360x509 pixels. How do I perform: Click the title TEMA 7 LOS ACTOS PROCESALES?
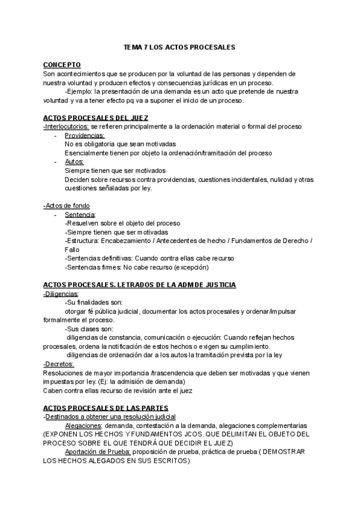[x=179, y=46]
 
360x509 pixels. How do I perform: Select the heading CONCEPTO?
[x=62, y=65]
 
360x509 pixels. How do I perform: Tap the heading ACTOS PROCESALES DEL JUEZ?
[x=95, y=118]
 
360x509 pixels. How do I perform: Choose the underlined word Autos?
[x=74, y=162]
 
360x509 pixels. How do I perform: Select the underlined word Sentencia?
[x=80, y=214]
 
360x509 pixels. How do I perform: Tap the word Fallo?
[x=73, y=249]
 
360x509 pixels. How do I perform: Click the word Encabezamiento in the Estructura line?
[x=127, y=241]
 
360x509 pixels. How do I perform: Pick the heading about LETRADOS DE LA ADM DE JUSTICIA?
[x=139, y=285]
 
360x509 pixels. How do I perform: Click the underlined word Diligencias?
[x=62, y=294]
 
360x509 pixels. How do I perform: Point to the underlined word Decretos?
[x=59, y=364]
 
